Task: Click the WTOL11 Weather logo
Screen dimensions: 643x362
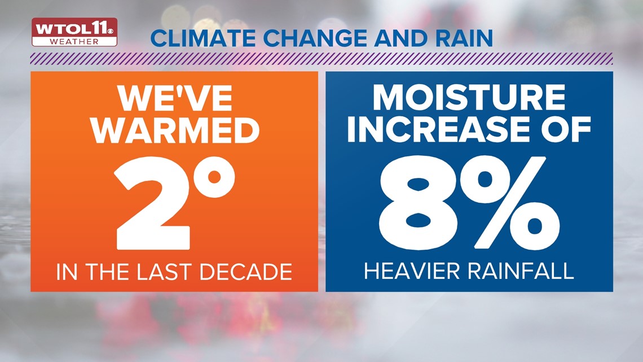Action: coord(74,32)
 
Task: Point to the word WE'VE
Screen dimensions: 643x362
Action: coord(175,99)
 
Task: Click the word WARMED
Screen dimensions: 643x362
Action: coord(175,130)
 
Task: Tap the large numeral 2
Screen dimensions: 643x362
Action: coord(153,203)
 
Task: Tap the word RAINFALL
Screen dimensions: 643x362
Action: coord(518,271)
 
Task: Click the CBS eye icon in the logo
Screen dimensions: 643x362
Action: coord(111,30)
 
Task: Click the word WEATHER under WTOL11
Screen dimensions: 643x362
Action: coord(74,41)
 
